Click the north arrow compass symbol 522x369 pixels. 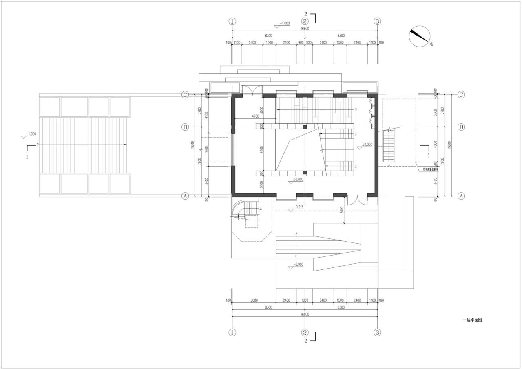(x=420, y=36)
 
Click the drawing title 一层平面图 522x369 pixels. (x=472, y=321)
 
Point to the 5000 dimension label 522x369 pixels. (x=254, y=300)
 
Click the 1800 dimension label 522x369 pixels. (x=305, y=300)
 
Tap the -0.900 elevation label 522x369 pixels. (x=299, y=265)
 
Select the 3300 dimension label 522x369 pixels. (x=436, y=111)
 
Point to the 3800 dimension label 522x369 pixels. (x=206, y=149)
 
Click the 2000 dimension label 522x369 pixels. (x=262, y=184)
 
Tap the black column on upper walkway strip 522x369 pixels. (x=305, y=127)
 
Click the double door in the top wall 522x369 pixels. (x=252, y=90)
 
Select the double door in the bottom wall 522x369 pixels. (x=357, y=201)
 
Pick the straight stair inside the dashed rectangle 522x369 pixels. (x=389, y=146)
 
